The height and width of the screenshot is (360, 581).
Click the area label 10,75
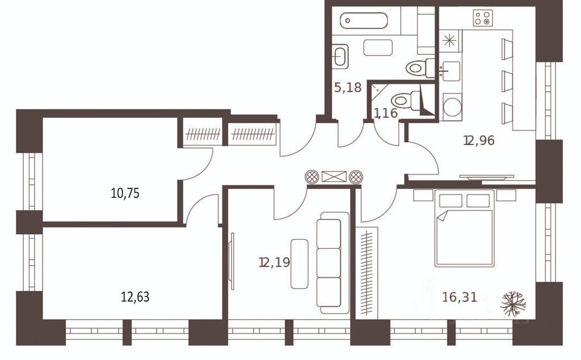click(x=125, y=193)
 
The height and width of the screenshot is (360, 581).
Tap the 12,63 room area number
click(x=135, y=297)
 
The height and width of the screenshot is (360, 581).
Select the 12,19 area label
click(x=275, y=262)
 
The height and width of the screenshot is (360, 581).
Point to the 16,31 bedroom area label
click(x=460, y=297)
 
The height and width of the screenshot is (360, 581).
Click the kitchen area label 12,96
click(x=479, y=141)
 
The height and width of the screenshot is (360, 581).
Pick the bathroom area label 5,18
click(x=348, y=88)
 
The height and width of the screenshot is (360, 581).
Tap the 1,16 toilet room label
click(x=385, y=113)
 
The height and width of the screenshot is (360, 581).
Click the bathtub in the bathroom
click(x=364, y=20)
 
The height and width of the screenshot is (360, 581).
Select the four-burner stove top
click(x=483, y=18)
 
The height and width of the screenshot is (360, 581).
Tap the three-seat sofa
click(x=332, y=263)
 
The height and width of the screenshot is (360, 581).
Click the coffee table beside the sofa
click(x=300, y=264)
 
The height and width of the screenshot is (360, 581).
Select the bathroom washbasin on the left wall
click(x=340, y=57)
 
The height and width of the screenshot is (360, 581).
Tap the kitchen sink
click(x=450, y=71)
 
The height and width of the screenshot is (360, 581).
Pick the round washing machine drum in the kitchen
click(x=452, y=107)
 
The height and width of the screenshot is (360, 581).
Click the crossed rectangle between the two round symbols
click(x=334, y=177)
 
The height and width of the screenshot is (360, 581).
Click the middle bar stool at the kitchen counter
click(x=507, y=81)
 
